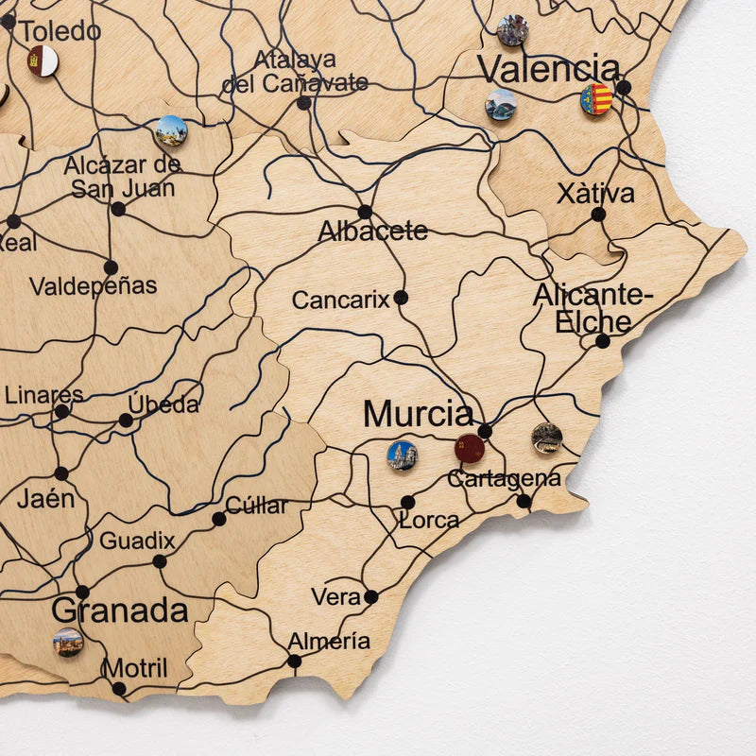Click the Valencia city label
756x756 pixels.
(548, 68)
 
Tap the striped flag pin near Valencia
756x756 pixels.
(596, 99)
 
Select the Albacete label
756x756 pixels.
(373, 231)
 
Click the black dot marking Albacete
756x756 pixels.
(365, 212)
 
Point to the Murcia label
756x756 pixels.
(418, 414)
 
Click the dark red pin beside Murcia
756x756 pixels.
(470, 448)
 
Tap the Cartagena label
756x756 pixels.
(504, 478)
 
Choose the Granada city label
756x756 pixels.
(119, 610)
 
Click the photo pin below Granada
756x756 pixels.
(68, 643)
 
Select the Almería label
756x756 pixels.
(329, 642)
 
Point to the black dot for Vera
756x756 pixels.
(371, 597)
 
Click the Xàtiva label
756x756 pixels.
(595, 194)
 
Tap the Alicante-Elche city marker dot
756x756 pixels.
(603, 341)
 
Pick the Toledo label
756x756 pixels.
(60, 30)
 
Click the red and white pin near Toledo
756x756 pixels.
(43, 60)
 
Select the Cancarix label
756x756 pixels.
(340, 301)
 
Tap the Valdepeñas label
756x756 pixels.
(94, 285)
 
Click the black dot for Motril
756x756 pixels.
(119, 689)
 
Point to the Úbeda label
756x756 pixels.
(164, 404)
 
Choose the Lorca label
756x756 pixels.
(429, 520)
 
